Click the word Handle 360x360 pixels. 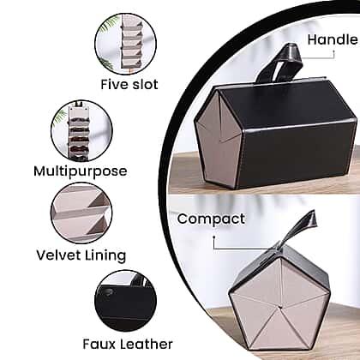[x=333, y=39]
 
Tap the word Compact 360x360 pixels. [x=211, y=219]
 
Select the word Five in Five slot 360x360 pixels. [x=112, y=84]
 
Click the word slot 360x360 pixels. [x=143, y=84]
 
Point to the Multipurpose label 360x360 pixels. [x=81, y=171]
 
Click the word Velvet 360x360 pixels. [x=59, y=255]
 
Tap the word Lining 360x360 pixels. [x=105, y=255]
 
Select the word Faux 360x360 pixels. [x=99, y=344]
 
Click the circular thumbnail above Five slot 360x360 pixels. [x=126, y=44]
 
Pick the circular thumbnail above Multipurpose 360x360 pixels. [x=81, y=131]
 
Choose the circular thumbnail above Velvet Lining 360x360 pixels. [x=81, y=213]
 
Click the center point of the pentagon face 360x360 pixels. [x=281, y=308]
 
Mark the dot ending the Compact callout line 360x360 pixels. [x=213, y=237]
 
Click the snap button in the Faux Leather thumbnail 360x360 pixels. [x=107, y=292]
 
